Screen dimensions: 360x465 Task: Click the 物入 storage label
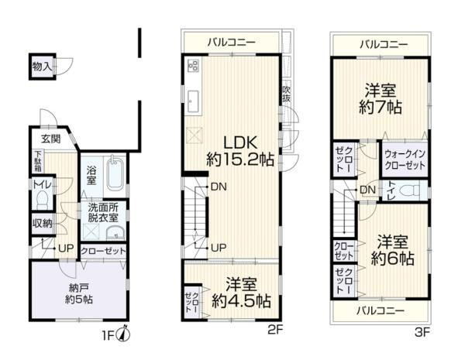(42, 67)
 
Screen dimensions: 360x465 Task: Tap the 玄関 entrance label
(51, 139)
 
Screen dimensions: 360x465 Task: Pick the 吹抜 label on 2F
(287, 94)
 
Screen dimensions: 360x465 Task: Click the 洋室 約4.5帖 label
(242, 291)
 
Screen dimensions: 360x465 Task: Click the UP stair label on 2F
(219, 248)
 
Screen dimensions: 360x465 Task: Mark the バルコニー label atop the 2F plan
(230, 40)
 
